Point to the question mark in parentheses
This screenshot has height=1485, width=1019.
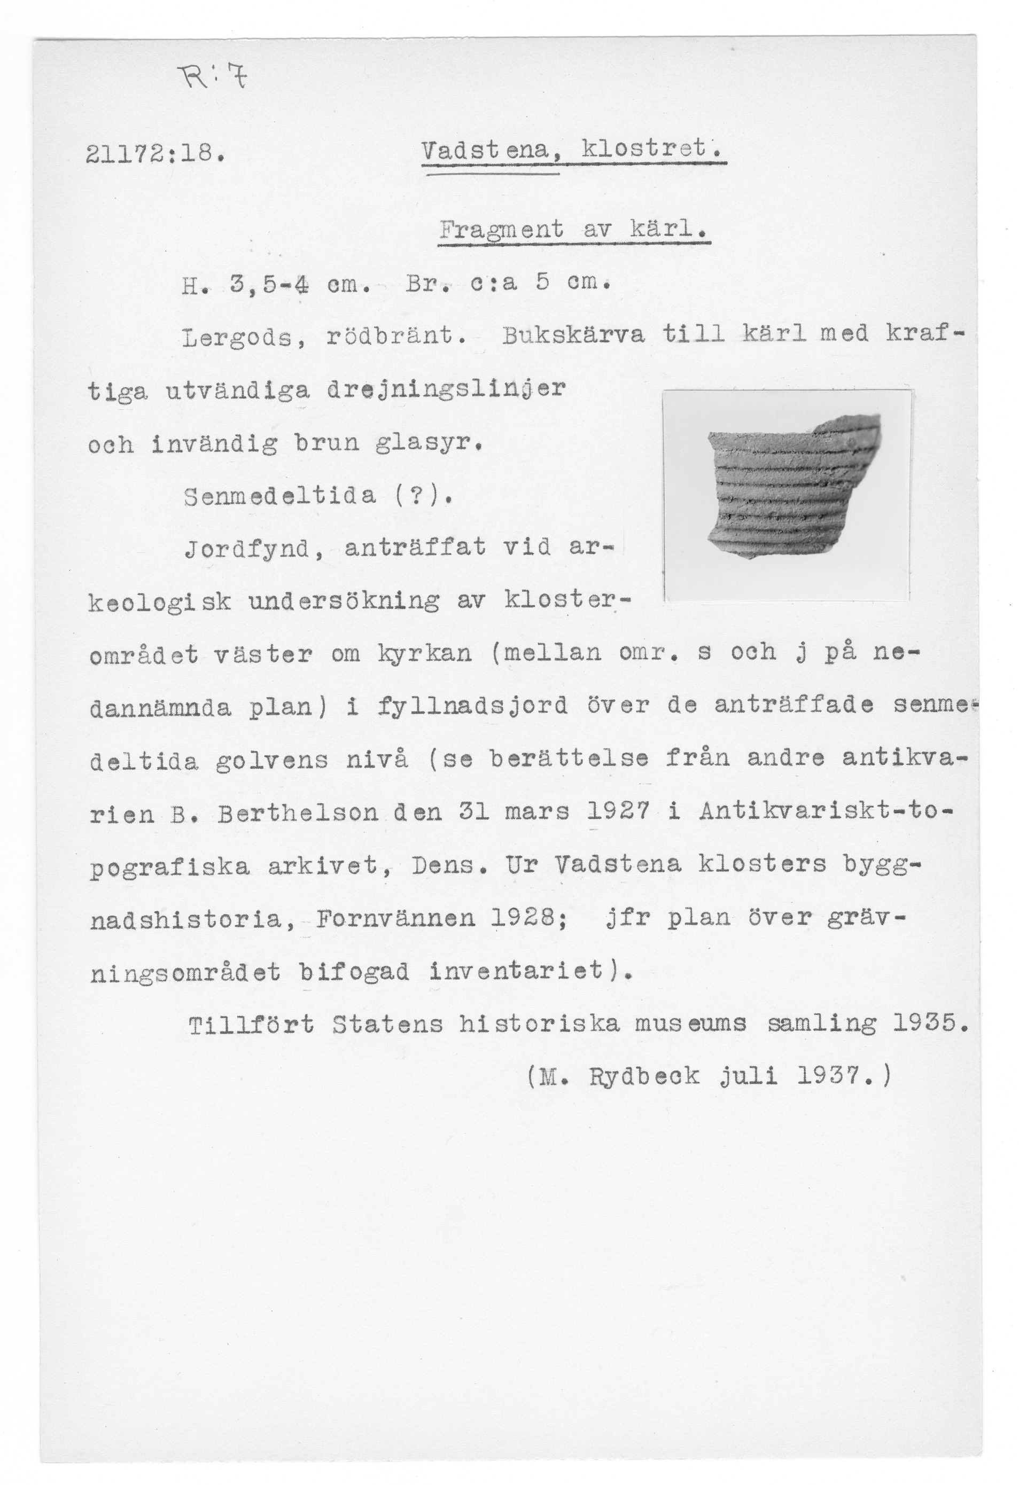pos(419,495)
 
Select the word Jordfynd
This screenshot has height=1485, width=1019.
pos(254,548)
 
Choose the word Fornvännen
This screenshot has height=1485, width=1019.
pos(396,919)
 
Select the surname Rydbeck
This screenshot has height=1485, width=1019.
pos(645,1078)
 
